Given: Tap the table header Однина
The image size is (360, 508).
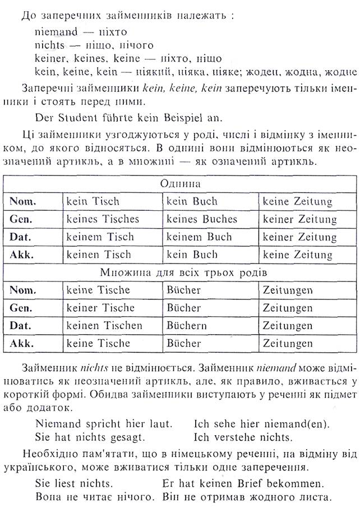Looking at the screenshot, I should pos(180,184).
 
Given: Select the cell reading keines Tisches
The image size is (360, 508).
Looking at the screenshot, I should pos(103,219).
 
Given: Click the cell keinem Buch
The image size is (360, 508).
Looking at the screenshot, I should pos(199,237).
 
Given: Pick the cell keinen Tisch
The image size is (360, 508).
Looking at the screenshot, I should pos(100,255).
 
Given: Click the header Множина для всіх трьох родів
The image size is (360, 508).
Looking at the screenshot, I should pos(180,273).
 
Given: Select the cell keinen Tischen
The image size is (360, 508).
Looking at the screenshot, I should pos(104,325).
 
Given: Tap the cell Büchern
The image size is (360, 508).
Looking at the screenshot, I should pos(187,325).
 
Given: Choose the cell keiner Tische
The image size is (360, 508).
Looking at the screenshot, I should pos(100,308).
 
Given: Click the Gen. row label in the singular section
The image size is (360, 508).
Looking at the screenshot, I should pos(21,219).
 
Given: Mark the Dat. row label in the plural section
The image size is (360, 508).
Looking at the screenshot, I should pos(21,325).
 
